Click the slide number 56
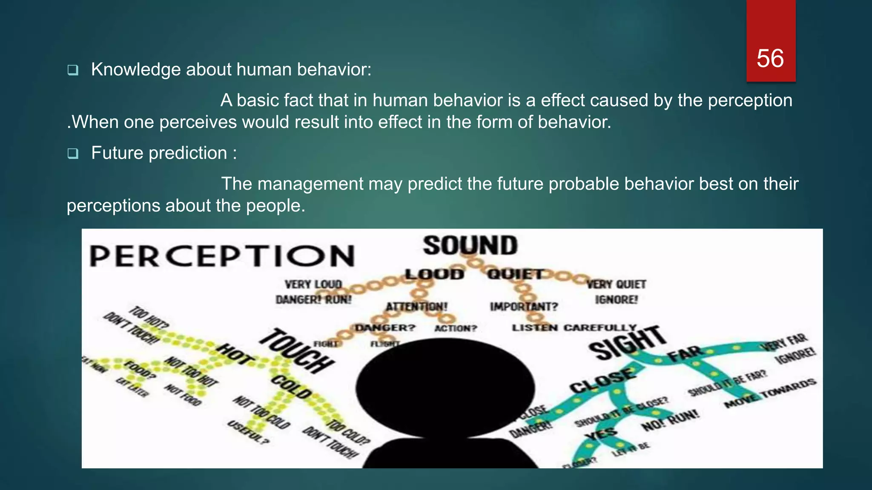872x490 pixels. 770,58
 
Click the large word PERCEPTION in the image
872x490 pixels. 222,256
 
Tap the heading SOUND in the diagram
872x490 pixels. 470,246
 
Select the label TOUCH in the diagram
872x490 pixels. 297,351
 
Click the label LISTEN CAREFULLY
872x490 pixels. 574,328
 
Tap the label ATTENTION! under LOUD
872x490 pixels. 416,307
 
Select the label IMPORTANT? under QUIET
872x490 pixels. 524,307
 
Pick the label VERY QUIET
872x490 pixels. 617,284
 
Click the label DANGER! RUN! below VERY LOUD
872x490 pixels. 314,300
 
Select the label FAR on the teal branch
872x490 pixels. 685,353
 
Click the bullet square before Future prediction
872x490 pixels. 73,154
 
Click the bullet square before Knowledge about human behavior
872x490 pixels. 73,70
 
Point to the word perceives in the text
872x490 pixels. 198,122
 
